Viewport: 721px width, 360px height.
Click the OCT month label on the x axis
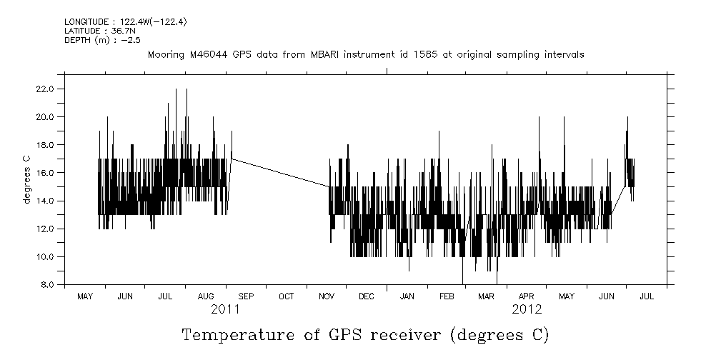tap(286, 296)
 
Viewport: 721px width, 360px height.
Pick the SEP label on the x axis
tap(246, 296)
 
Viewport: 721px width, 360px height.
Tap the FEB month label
tap(447, 296)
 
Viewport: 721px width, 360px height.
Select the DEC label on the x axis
tap(366, 296)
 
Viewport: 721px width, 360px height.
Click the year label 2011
tap(225, 309)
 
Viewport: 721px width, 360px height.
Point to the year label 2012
tap(527, 309)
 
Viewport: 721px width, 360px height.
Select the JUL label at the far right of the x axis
tap(647, 296)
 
